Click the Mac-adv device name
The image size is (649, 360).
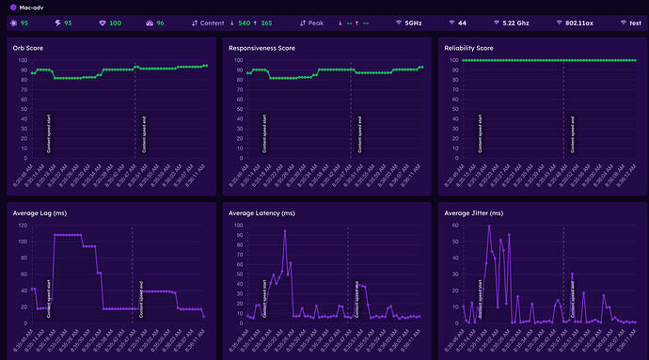33,7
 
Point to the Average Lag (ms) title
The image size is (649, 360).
39,212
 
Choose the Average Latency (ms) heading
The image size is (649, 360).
262,212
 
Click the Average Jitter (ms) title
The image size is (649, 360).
475,212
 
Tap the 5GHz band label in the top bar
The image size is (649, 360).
413,23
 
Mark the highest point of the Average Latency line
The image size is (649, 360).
285,230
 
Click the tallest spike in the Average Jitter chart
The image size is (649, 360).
489,227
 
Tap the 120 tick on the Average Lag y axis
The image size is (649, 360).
23,227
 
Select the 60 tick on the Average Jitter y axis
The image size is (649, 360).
453,227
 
